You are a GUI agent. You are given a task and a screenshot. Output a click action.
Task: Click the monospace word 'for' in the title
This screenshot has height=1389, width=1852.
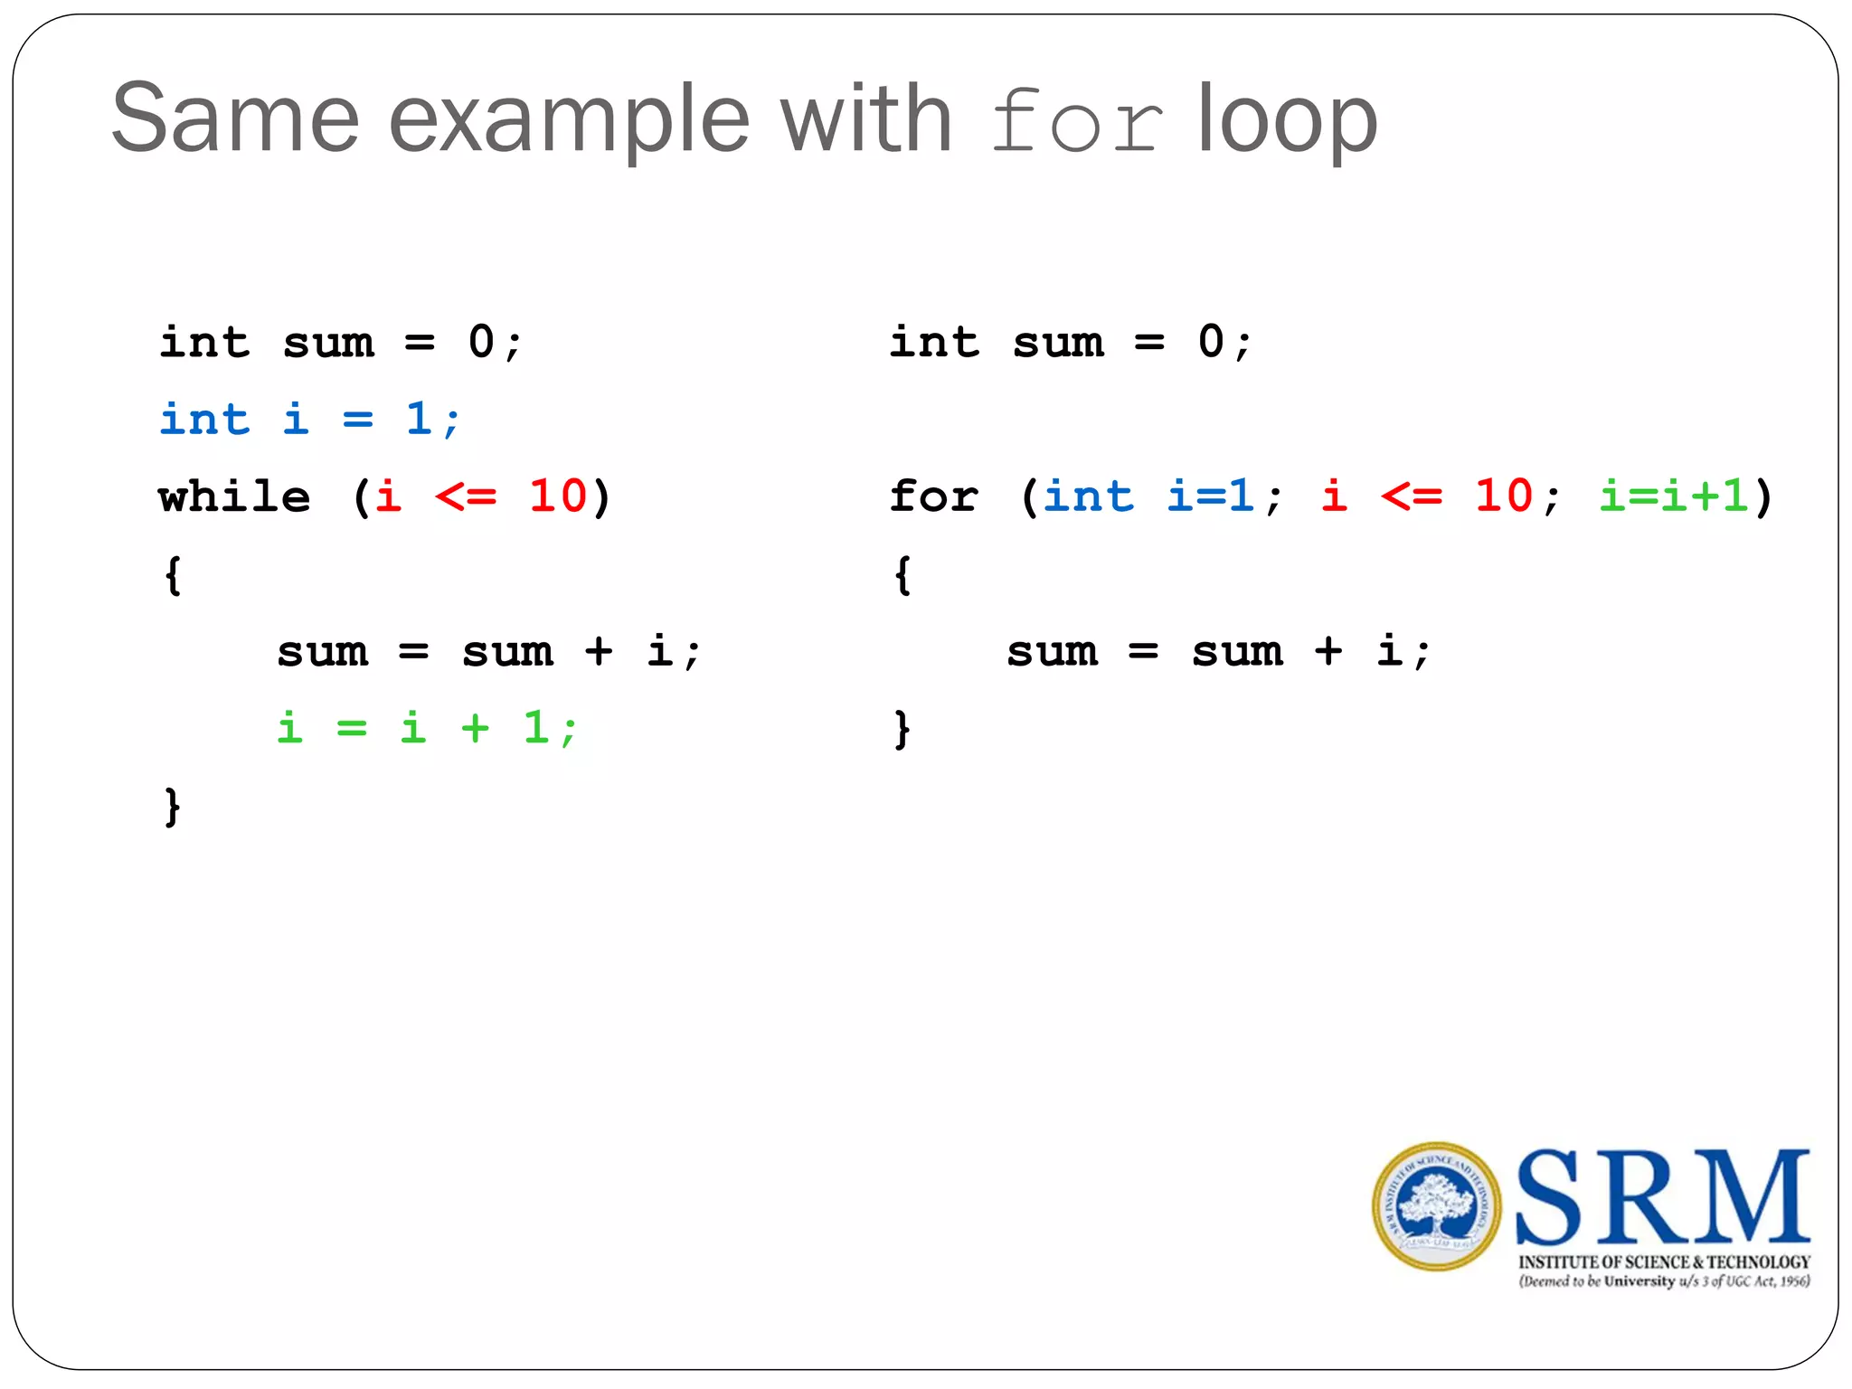(1076, 121)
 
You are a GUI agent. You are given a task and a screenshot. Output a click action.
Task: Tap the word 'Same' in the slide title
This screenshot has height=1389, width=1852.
(235, 119)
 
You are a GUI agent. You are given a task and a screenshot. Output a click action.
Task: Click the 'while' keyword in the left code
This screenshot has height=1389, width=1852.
(234, 496)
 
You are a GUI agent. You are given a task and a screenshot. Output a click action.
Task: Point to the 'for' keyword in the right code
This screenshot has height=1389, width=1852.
(933, 496)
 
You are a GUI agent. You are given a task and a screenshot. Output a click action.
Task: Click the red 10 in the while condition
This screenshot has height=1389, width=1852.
(558, 496)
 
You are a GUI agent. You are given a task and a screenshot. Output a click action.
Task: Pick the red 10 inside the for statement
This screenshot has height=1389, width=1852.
(1504, 496)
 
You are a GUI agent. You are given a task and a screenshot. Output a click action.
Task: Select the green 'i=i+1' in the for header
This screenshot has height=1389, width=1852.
(1673, 496)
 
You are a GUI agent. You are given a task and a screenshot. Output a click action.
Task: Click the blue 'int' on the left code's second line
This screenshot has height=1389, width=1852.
(204, 420)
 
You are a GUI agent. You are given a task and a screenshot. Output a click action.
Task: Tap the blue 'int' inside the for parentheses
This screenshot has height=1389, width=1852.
(1088, 496)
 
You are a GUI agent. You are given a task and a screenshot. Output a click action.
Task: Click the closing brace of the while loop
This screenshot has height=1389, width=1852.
(173, 807)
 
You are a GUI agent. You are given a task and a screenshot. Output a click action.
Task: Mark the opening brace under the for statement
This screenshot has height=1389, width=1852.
(902, 575)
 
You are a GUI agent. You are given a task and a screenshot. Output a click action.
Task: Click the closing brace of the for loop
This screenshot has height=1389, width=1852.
(902, 729)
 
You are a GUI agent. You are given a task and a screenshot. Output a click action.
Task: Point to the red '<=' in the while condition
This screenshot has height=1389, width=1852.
(466, 496)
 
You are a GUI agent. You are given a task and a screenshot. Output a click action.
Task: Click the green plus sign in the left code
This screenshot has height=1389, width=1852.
(475, 728)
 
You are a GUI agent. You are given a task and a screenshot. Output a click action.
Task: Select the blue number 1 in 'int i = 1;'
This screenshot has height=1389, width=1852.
(418, 420)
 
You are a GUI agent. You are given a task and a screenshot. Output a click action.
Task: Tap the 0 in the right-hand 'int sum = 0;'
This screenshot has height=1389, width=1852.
(1211, 343)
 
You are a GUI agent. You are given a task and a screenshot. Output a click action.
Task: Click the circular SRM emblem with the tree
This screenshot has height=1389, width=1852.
(1436, 1206)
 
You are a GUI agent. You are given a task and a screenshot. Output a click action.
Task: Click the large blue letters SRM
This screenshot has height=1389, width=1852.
(1662, 1198)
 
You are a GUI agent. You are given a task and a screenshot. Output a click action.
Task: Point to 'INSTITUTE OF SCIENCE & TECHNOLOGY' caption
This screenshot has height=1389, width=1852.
(1664, 1261)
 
